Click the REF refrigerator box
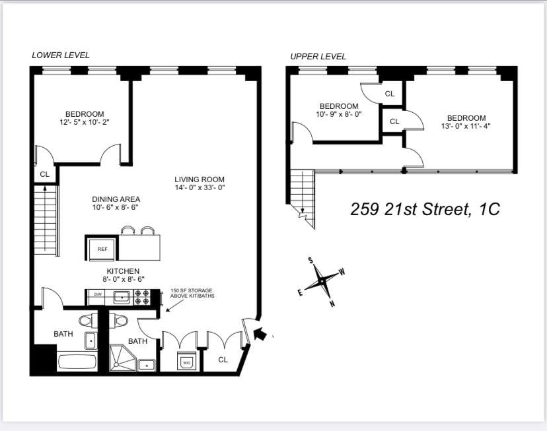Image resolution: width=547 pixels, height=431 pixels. point(102,248)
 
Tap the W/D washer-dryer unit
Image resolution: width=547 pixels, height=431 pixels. point(187,362)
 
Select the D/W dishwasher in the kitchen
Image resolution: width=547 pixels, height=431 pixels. point(98,295)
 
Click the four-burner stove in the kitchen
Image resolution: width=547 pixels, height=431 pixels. point(142,297)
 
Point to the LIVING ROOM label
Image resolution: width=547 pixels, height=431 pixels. point(200,180)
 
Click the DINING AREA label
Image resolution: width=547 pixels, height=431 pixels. point(116,199)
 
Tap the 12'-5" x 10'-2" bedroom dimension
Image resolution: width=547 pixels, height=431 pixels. point(85,122)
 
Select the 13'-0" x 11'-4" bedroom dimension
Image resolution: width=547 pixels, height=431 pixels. point(466,126)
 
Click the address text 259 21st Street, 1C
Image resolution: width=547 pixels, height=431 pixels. point(425,209)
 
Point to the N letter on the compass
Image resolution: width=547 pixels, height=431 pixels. point(332,304)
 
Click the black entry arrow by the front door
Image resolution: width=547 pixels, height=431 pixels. point(260,334)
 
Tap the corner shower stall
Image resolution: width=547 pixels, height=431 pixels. point(122,358)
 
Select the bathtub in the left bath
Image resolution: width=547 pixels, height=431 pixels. point(77,362)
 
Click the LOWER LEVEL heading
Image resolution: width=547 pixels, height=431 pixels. point(60,55)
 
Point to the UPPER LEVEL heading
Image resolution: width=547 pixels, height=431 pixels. point(318,57)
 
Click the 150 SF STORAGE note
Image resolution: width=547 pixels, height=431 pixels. point(192,293)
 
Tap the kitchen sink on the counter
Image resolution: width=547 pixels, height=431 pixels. point(122,297)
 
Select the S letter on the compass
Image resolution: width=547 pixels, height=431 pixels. point(310,260)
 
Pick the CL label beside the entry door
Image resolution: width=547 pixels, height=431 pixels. point(223,359)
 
